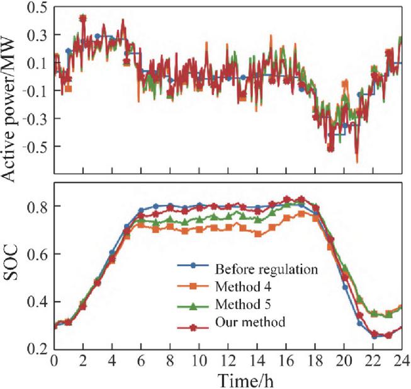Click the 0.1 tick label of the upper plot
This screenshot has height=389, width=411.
pos(37,63)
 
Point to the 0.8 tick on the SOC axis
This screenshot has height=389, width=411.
pos(37,206)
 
